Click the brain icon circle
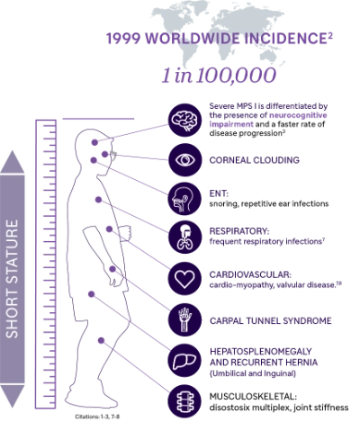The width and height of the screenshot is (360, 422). click(184, 120)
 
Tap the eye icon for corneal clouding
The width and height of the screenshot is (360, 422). click(184, 159)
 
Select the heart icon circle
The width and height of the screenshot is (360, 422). click(184, 279)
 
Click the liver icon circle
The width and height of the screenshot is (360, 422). click(184, 361)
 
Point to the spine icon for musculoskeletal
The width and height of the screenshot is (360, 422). click(184, 401)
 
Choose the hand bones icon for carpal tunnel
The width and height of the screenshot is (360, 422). click(184, 319)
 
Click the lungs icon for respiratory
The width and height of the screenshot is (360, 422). click(184, 237)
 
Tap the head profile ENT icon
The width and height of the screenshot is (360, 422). click(184, 199)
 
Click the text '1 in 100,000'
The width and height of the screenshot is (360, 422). click(219, 75)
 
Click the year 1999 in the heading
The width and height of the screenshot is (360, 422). click(123, 39)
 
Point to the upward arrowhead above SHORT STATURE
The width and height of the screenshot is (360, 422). click(13, 162)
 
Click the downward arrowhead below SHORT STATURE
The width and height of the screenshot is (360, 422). click(13, 396)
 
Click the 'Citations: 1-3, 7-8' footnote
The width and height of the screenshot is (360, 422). click(97, 417)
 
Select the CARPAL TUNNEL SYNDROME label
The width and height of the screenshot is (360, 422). click(271, 320)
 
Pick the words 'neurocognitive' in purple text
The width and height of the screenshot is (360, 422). click(298, 115)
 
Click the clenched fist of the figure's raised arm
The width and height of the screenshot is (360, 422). click(125, 233)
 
